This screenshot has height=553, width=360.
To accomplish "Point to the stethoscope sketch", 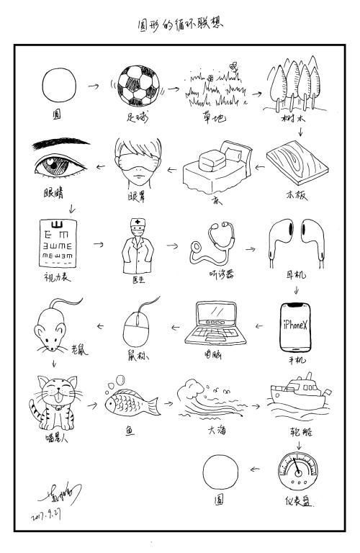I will click(212, 245).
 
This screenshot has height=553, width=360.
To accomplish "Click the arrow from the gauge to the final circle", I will click(256, 469).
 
